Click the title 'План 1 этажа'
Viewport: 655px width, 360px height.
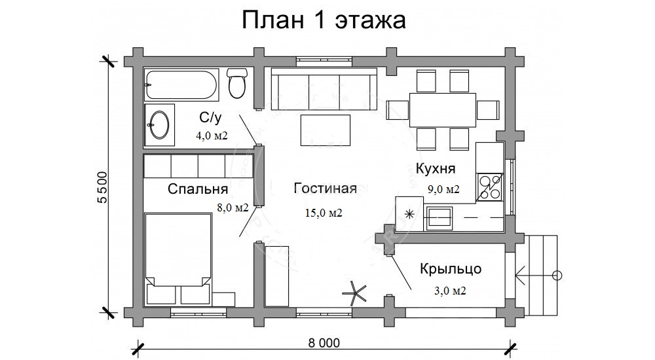coord(324,20)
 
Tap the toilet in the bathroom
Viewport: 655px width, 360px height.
coord(237,83)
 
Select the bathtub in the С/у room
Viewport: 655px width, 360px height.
coord(181,85)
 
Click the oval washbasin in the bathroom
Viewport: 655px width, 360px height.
coord(159,124)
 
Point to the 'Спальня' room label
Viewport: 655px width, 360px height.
coord(198,189)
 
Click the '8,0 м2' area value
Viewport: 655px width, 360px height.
coord(233,207)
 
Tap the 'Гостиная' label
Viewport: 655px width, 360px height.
coord(325,188)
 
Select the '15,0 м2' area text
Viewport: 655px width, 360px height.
coord(324,213)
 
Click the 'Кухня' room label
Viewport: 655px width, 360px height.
coord(436,169)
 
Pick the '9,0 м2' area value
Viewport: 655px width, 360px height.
coord(443,189)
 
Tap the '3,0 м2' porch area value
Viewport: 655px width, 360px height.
coord(451,291)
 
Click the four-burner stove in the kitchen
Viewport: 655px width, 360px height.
coord(489,187)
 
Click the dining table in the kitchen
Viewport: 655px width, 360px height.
coord(443,110)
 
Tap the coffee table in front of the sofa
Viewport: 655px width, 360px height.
coord(326,130)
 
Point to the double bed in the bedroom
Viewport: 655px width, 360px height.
coord(178,259)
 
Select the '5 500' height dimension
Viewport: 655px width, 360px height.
coord(102,187)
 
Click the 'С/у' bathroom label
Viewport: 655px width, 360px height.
coord(210,118)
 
